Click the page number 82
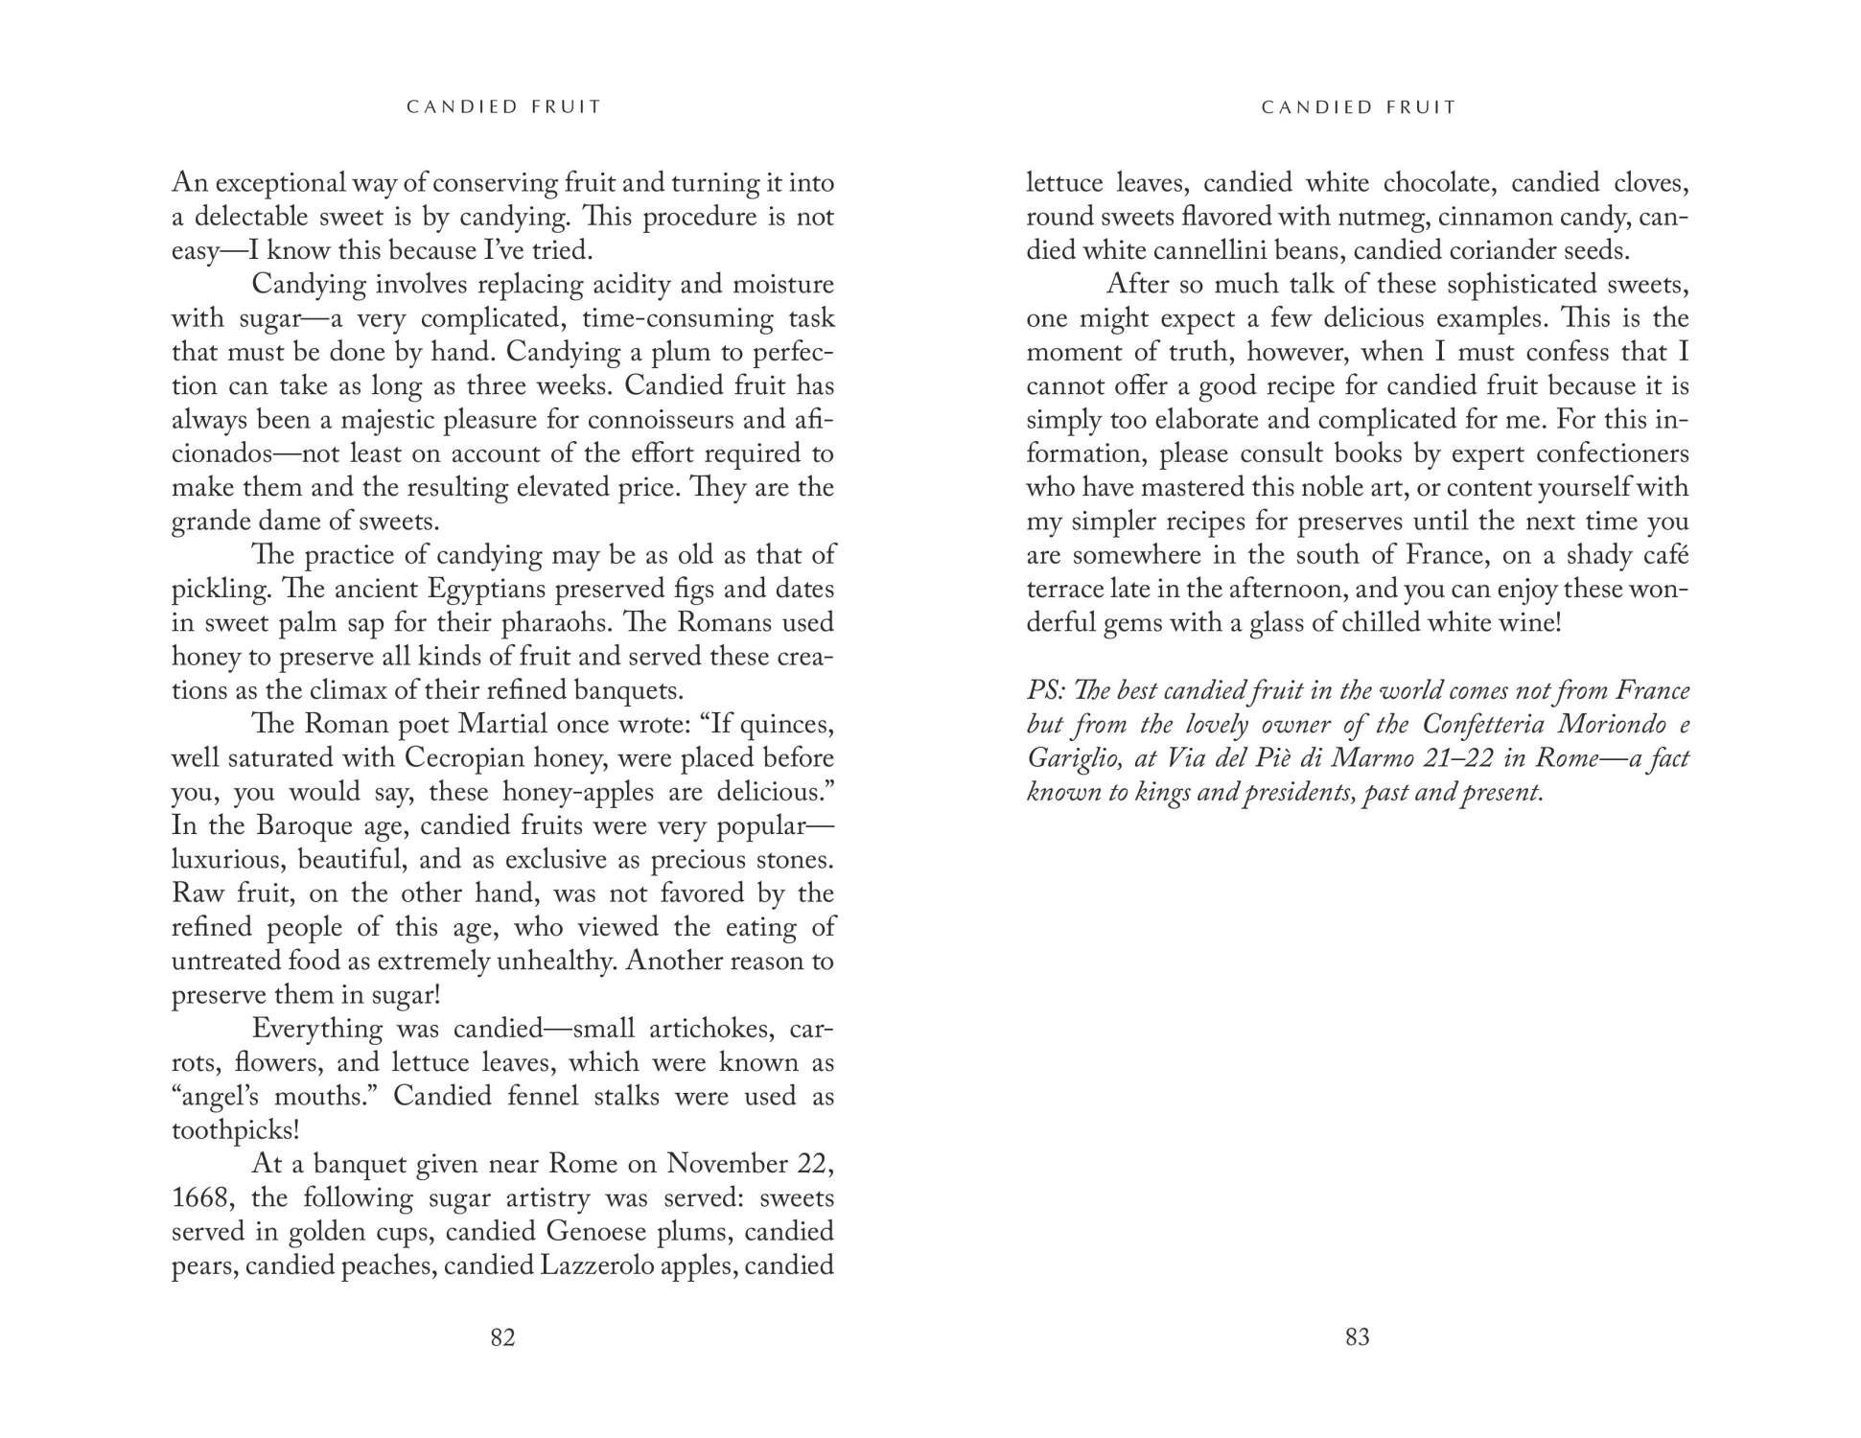tap(502, 1337)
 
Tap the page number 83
tap(1357, 1337)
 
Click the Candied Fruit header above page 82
tap(504, 107)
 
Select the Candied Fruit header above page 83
tap(1359, 107)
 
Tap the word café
tap(1665, 556)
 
